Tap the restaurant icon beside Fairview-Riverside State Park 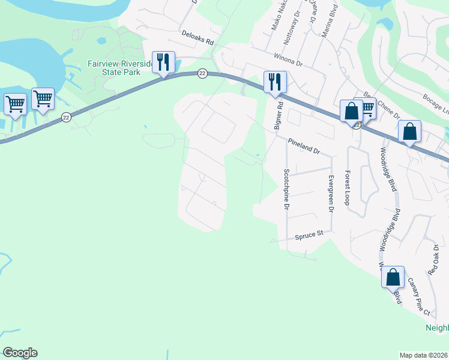click(x=163, y=62)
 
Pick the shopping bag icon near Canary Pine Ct click(x=393, y=277)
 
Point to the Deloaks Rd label click(x=197, y=39)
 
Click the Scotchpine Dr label click(x=286, y=189)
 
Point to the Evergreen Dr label click(x=331, y=193)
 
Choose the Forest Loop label click(x=347, y=187)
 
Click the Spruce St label click(x=309, y=236)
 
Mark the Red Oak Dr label click(x=436, y=259)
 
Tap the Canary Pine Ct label click(x=419, y=305)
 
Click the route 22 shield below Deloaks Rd click(x=202, y=73)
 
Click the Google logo click(x=20, y=353)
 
